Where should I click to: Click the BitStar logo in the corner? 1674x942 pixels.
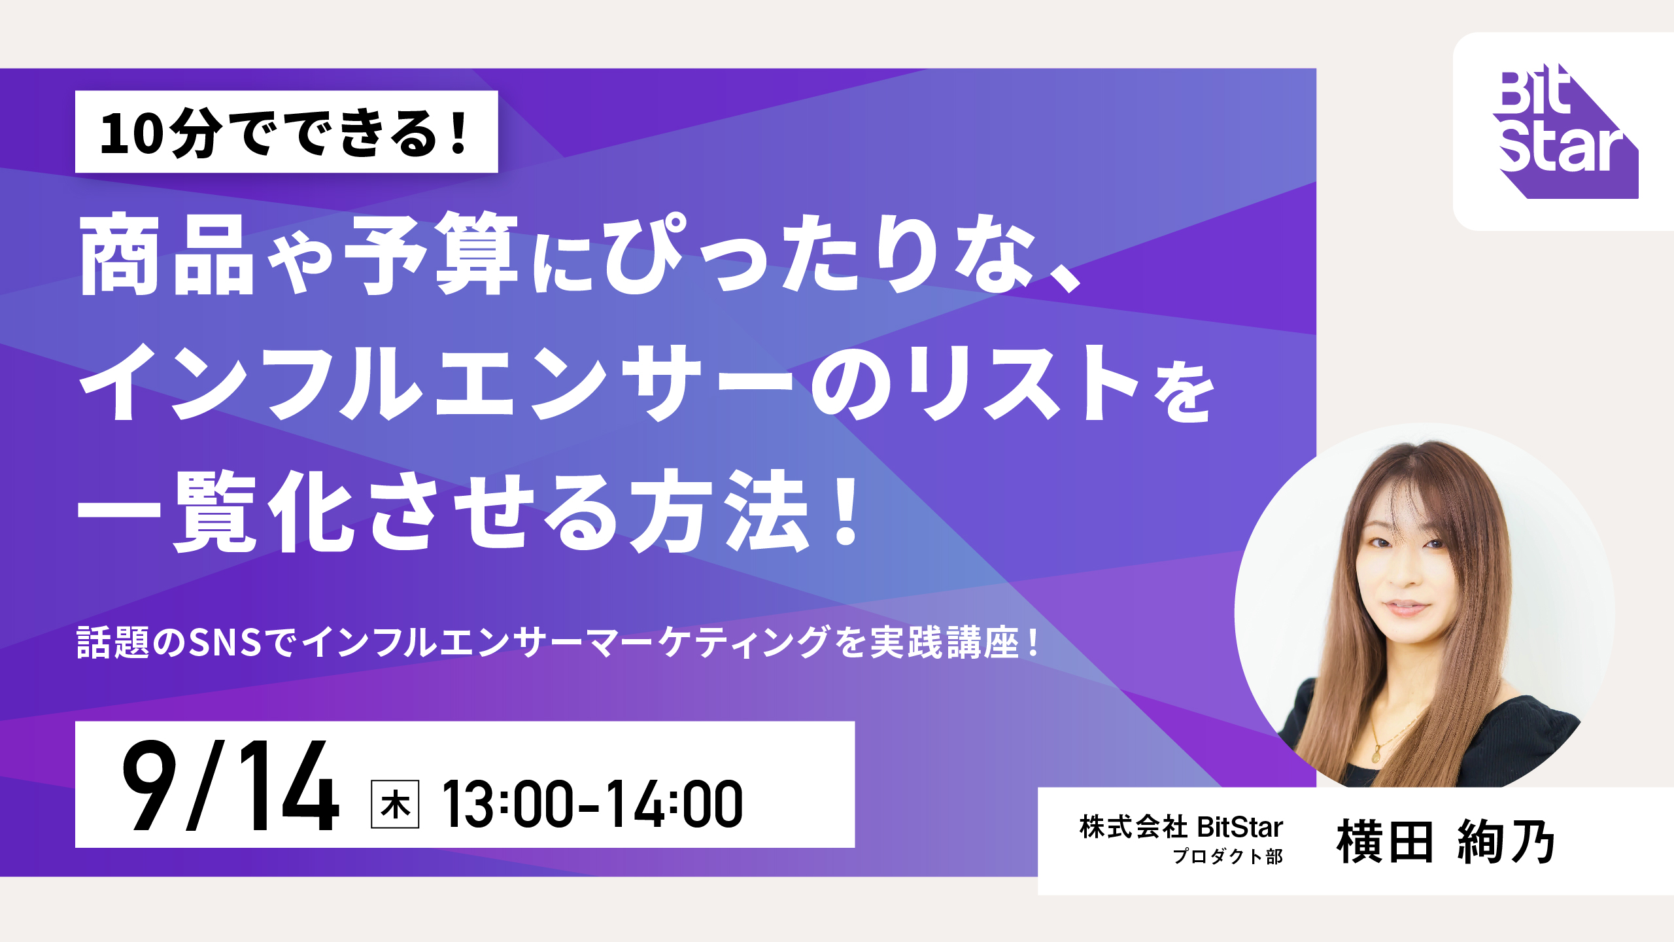coord(1566,131)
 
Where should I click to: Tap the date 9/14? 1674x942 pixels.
coord(230,786)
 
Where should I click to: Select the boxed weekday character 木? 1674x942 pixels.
coord(395,804)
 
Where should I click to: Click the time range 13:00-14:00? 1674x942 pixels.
coord(592,804)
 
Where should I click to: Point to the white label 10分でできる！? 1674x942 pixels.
coord(286,131)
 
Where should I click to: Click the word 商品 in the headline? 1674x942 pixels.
coord(167,254)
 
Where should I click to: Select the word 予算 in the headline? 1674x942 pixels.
coord(432,254)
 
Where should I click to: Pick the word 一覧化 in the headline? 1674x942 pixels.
coord(216,512)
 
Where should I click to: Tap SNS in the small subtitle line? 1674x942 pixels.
coord(226,642)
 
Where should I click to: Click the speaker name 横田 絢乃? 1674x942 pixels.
coord(1446,842)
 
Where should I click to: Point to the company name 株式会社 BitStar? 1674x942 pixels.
coord(1181,828)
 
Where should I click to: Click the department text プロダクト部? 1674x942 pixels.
coord(1228,856)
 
